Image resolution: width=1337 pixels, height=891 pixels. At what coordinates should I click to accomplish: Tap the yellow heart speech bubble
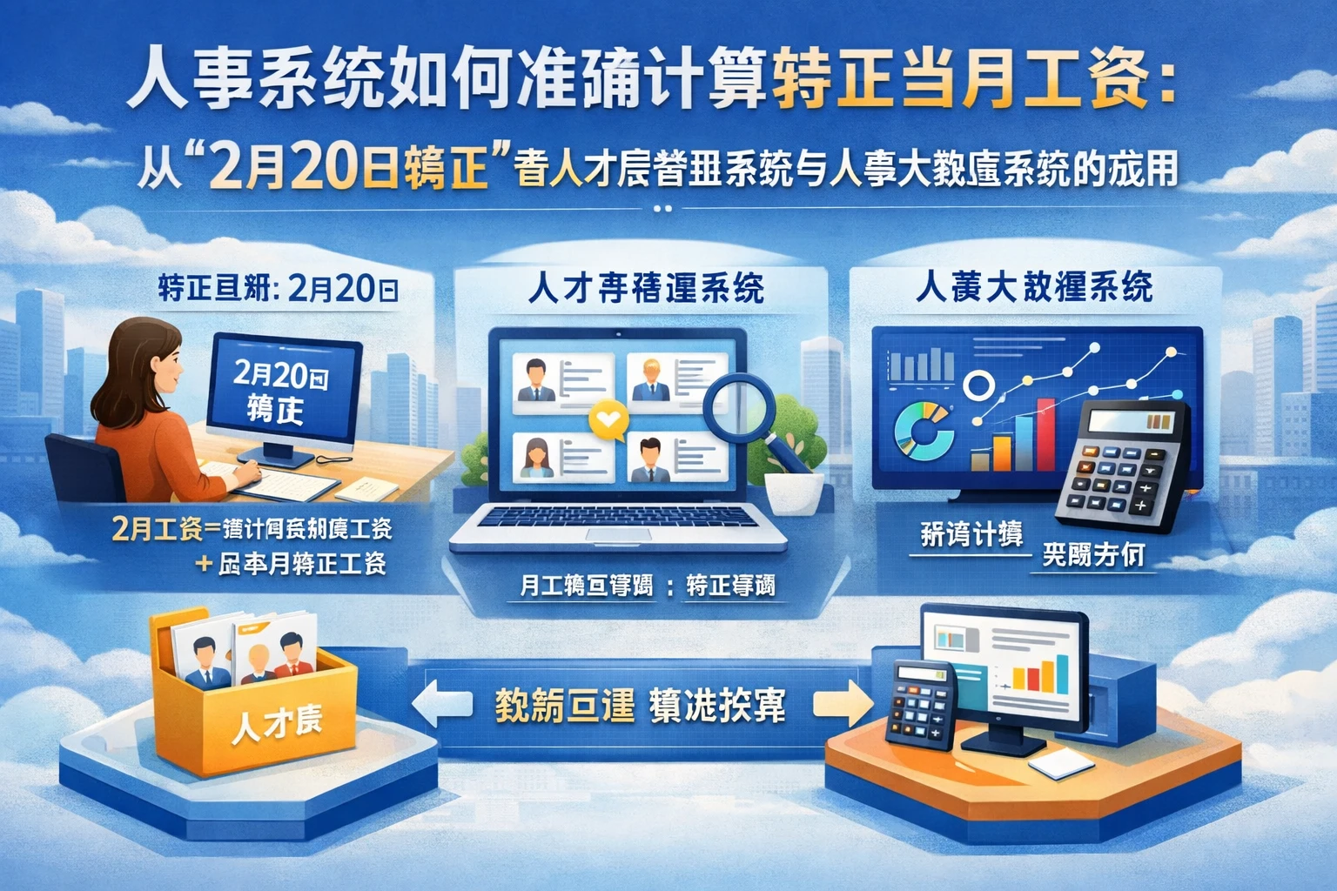608,419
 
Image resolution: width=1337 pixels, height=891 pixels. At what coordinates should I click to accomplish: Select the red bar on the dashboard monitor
1045,434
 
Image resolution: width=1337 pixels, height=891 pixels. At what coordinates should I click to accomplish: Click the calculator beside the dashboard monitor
1122,466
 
